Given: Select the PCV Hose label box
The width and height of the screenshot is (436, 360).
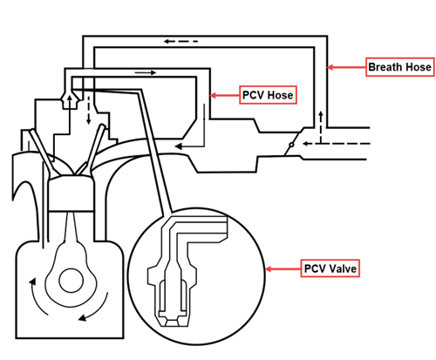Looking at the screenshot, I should click(268, 93).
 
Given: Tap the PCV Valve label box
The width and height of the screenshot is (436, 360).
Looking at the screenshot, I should click(330, 268).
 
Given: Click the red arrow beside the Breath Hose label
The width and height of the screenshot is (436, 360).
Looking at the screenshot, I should click(347, 66).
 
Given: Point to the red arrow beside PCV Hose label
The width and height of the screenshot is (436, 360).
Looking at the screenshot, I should click(225, 93).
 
